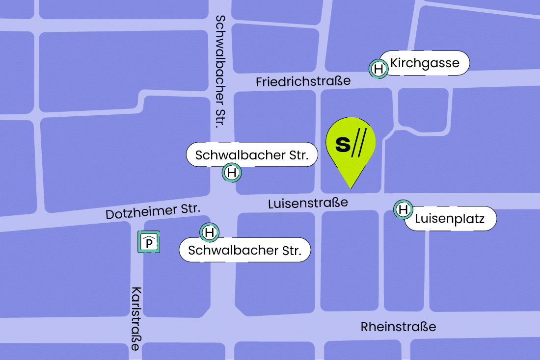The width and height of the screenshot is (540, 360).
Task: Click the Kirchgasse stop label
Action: (x=425, y=63)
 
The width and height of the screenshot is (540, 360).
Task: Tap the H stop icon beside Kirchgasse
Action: (x=378, y=69)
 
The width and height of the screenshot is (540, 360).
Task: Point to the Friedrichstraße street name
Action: (x=303, y=81)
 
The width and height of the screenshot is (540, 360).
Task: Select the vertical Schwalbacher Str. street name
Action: (x=220, y=71)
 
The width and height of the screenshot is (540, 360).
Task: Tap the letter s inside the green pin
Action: (x=343, y=144)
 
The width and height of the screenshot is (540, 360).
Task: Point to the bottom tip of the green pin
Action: (x=351, y=187)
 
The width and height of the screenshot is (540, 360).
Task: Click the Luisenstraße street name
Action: (x=308, y=203)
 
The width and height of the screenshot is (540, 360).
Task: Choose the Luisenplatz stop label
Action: (x=450, y=219)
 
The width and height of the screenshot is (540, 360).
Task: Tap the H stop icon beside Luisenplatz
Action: (x=403, y=210)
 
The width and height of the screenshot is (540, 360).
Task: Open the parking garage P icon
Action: (x=149, y=242)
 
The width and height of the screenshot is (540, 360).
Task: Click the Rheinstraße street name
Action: (x=398, y=327)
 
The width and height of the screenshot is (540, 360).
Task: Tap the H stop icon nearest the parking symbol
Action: (x=210, y=232)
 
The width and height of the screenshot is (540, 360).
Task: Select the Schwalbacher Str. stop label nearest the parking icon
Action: (x=244, y=250)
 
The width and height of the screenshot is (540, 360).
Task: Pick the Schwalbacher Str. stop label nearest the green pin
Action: (x=252, y=156)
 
